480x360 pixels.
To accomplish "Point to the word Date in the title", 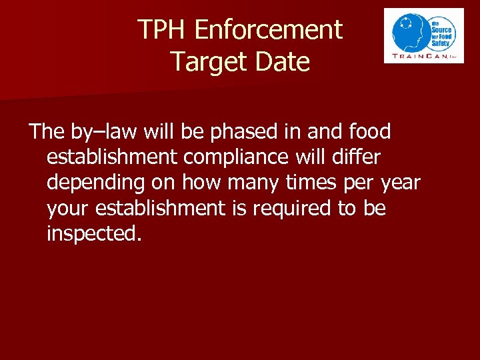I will (283, 62).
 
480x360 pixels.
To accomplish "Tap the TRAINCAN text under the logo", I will (418, 56).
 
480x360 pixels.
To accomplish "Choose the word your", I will (69, 209).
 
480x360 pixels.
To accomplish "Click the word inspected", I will (94, 234).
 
